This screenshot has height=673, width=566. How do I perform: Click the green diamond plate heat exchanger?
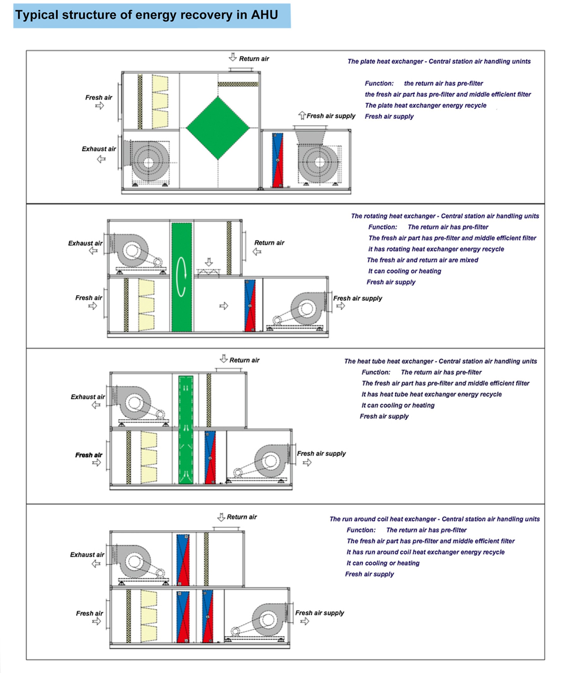(218, 128)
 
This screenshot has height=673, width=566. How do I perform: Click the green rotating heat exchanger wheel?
(182, 277)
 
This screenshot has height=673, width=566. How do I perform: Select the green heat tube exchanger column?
(186, 430)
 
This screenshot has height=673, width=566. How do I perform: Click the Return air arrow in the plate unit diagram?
(233, 57)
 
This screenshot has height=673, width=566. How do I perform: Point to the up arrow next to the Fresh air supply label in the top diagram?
(302, 115)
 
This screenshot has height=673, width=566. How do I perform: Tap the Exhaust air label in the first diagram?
(99, 149)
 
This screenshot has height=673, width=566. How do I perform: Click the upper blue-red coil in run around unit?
(183, 560)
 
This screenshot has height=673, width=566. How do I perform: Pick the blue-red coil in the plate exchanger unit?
(277, 160)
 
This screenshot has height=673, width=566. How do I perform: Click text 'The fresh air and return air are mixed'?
(422, 260)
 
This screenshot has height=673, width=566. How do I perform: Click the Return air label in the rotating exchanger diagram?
(269, 243)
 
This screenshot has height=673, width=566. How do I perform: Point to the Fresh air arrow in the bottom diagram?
(97, 621)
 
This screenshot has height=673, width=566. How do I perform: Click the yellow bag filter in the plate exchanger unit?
(160, 102)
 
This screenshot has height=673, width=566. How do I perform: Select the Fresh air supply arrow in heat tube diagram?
(307, 462)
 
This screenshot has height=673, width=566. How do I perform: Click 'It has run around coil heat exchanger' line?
(425, 552)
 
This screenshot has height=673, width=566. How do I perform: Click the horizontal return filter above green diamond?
(238, 84)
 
